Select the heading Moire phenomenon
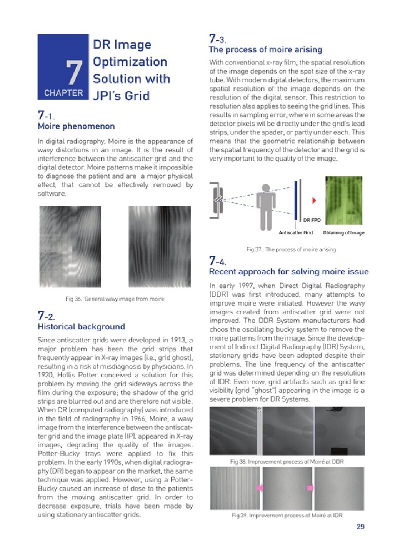76,126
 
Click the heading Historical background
81,327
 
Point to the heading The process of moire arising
265,50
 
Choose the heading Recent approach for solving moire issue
288,272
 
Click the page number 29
360,527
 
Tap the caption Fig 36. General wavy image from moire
115,299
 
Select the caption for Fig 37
290,249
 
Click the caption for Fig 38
286,462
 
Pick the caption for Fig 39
286,515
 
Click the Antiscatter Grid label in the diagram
295,233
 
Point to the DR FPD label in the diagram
312,219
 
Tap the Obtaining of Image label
344,233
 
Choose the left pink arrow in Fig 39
259,487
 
